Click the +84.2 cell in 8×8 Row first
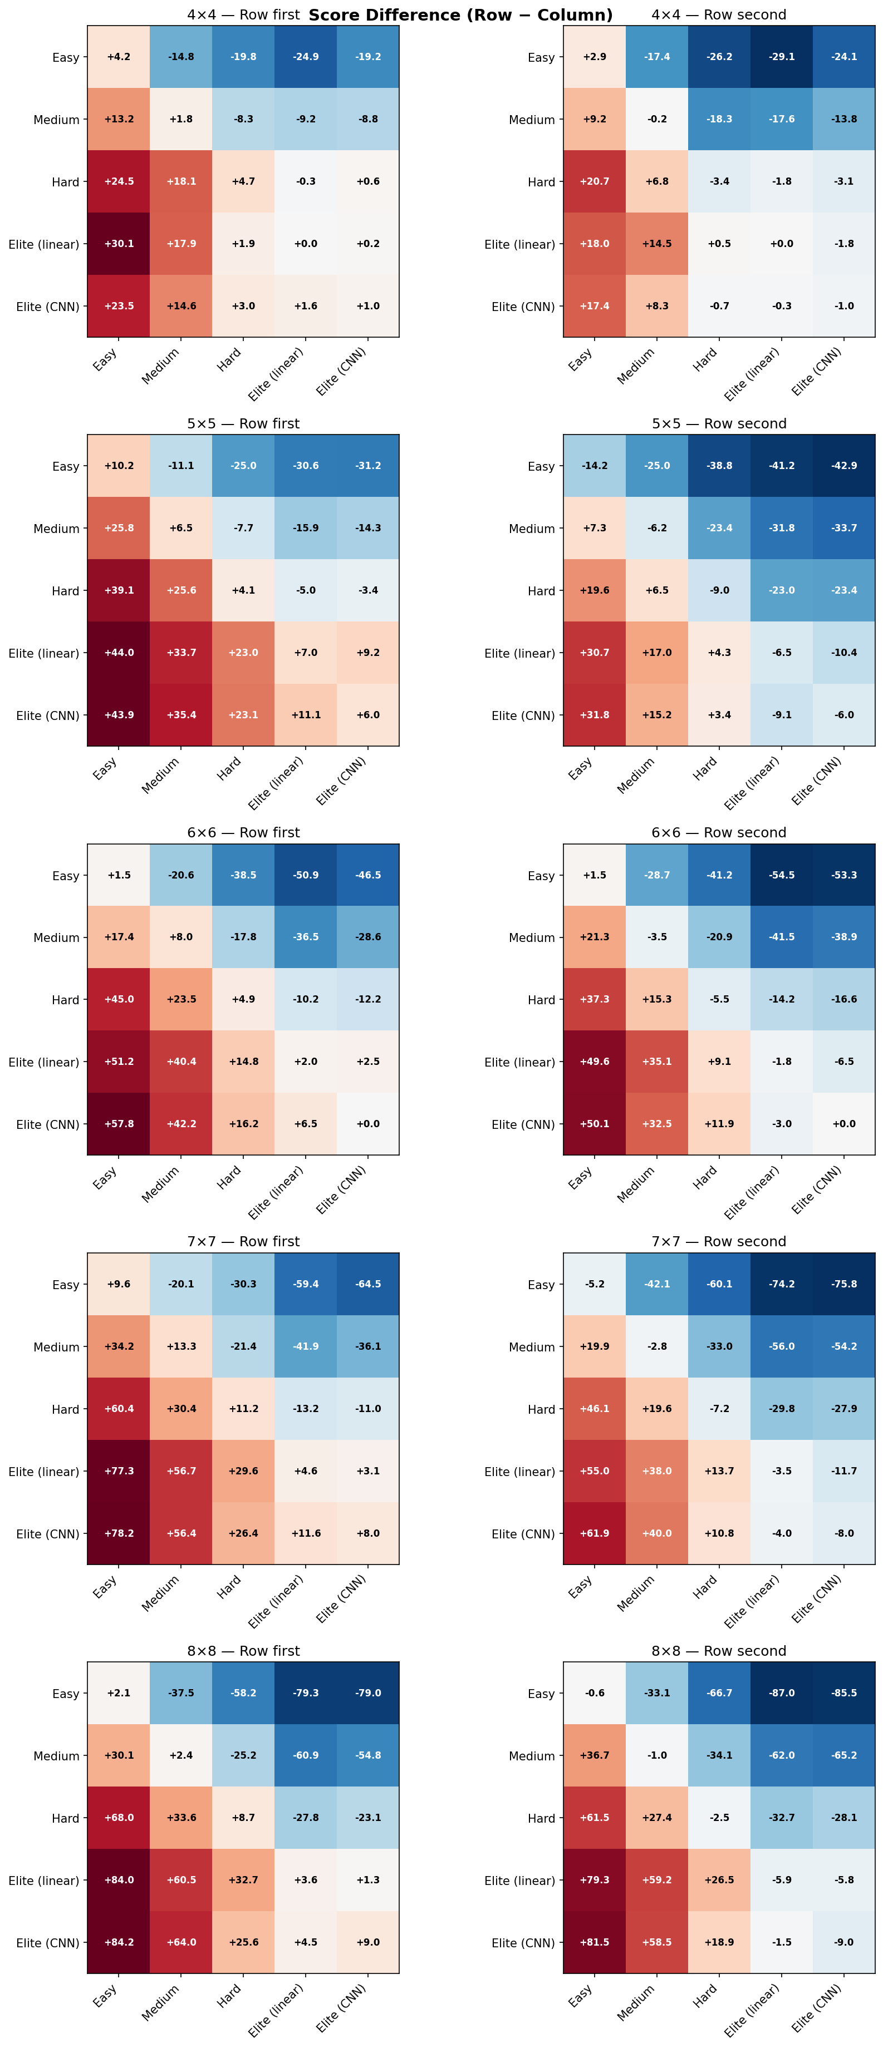(119, 1942)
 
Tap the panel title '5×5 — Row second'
(718, 424)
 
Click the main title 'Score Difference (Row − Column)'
(460, 15)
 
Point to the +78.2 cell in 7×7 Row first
(119, 1533)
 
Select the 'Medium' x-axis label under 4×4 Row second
(636, 366)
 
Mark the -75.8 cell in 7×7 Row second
(843, 1284)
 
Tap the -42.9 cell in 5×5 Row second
(843, 466)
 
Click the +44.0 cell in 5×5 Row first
(119, 653)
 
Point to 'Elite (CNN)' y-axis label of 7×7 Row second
(523, 1533)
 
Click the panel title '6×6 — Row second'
(718, 832)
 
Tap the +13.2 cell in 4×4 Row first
(119, 119)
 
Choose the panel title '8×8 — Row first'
(243, 1651)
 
